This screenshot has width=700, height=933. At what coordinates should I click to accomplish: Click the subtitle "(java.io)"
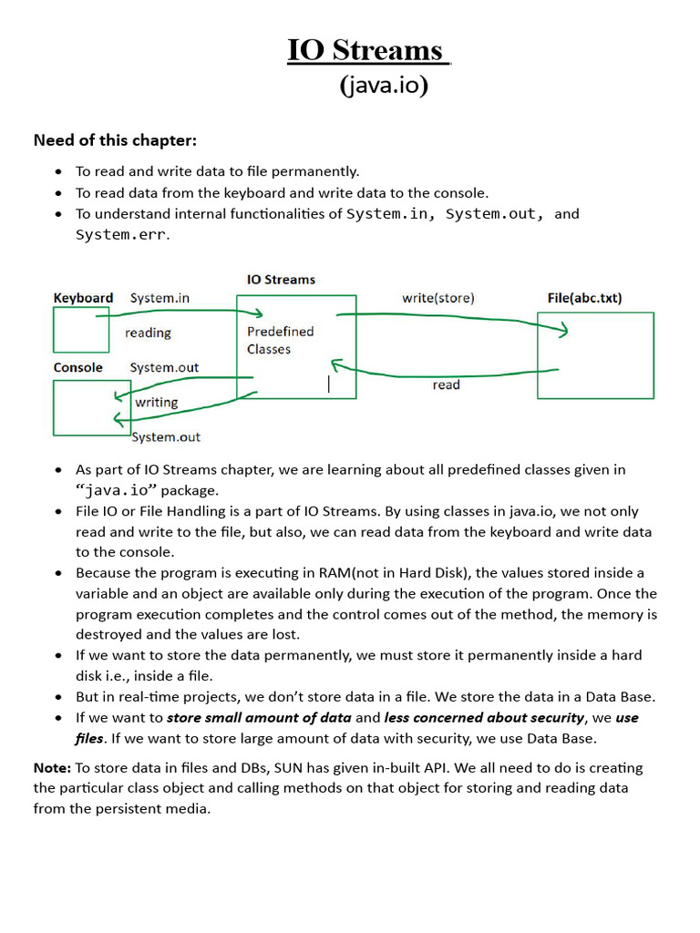click(x=384, y=87)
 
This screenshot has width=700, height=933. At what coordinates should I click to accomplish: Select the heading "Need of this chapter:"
click(x=115, y=140)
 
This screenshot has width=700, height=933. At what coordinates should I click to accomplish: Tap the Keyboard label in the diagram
click(x=83, y=298)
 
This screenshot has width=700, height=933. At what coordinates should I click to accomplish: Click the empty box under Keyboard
click(x=80, y=330)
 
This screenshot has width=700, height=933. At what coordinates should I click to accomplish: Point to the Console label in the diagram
click(x=78, y=368)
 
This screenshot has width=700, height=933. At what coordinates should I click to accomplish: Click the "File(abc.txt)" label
click(x=584, y=298)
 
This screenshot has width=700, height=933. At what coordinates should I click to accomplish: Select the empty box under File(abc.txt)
click(x=595, y=355)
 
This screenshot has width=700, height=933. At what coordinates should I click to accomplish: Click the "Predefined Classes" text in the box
click(x=280, y=340)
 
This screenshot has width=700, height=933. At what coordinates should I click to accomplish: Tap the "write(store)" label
click(x=437, y=298)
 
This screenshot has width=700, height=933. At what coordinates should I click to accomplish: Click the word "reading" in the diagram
click(x=148, y=333)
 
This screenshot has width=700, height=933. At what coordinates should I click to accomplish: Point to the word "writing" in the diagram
click(x=157, y=402)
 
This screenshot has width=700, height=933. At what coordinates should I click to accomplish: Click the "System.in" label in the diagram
click(x=160, y=298)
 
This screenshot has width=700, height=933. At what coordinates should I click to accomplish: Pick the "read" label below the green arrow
click(x=446, y=385)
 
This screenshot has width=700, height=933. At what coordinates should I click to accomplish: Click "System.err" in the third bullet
click(x=120, y=235)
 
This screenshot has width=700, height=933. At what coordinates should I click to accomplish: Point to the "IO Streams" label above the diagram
click(x=281, y=280)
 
